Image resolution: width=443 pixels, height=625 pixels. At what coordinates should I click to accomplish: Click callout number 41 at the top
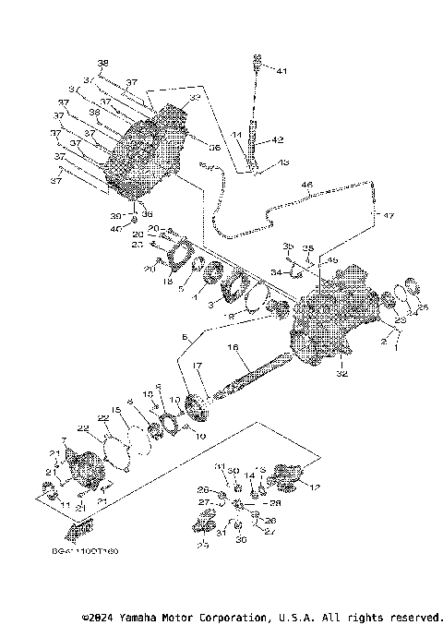281,71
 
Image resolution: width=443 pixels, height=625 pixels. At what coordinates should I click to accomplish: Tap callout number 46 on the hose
307,186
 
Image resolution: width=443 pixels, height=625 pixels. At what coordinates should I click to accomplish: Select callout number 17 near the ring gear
197,367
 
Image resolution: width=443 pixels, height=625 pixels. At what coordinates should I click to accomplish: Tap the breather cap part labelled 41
257,62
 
